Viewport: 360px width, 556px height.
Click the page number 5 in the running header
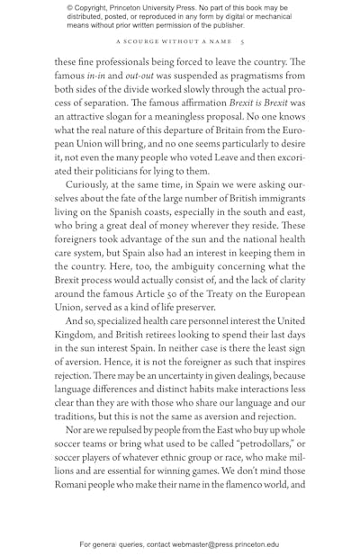click(x=242, y=41)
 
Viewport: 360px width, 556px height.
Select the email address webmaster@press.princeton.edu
click(x=221, y=544)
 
